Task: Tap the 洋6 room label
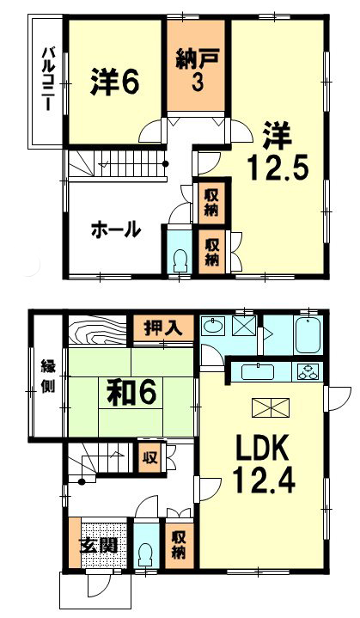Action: coord(114,82)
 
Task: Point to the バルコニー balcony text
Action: coord(48,79)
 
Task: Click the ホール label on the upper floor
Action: coord(116,229)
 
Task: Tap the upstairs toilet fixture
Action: coord(180,260)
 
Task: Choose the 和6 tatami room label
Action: coord(131,393)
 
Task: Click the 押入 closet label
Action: coord(163,327)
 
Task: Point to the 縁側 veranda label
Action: coord(48,377)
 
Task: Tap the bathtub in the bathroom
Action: coord(308,335)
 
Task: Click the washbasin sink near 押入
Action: coord(213,326)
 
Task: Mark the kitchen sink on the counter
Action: coord(258,372)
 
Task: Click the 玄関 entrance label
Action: coord(100,546)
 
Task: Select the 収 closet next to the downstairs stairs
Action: coord(150,458)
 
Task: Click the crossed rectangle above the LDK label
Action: coord(271,407)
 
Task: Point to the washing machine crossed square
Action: coord(244,326)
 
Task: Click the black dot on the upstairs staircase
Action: coord(166,163)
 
